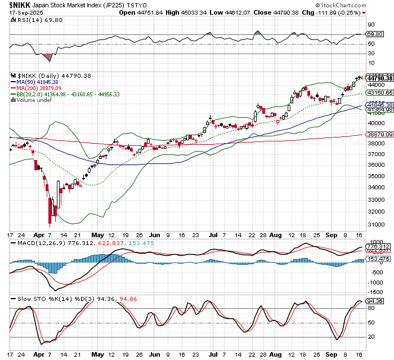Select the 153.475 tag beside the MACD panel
pos(378,259)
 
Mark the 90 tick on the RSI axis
pos(371,25)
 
